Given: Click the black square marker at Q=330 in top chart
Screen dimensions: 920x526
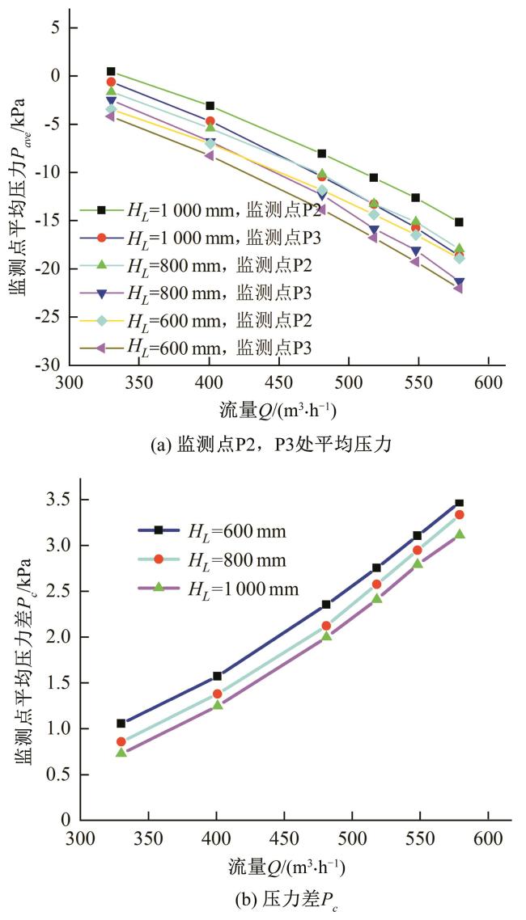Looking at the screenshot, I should pyautogui.click(x=111, y=72).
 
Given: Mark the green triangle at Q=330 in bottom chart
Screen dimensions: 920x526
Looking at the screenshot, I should pyautogui.click(x=121, y=752).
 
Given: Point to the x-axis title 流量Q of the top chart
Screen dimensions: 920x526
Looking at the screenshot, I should pyautogui.click(x=280, y=408).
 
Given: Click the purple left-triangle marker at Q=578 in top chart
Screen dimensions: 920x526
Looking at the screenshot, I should pyautogui.click(x=458, y=287).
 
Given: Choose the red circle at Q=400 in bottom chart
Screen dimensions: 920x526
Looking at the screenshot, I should pyautogui.click(x=217, y=694).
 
